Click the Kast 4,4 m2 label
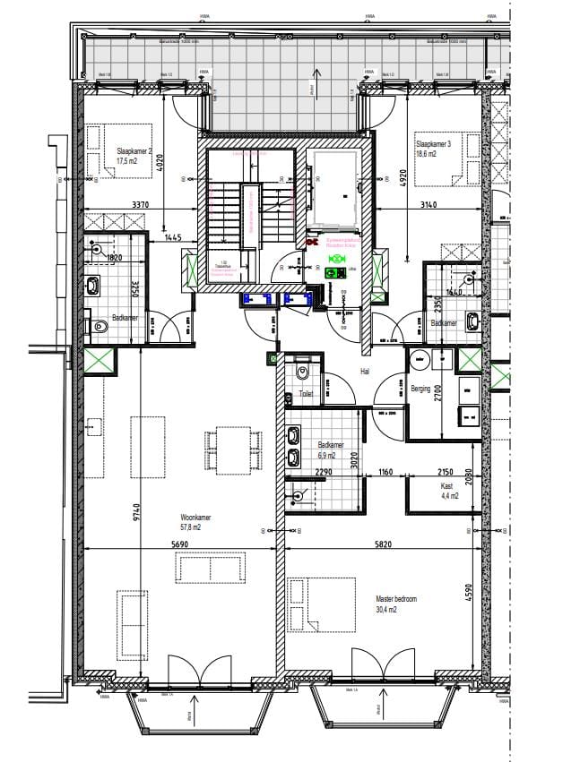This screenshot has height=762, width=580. point(448,489)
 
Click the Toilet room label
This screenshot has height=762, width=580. point(307,393)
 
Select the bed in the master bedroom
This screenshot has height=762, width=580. point(311,604)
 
